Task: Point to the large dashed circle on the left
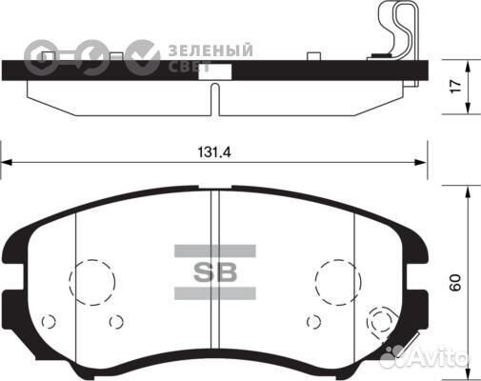(91, 280)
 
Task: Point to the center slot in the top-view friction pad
(215, 99)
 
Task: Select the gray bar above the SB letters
(214, 250)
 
